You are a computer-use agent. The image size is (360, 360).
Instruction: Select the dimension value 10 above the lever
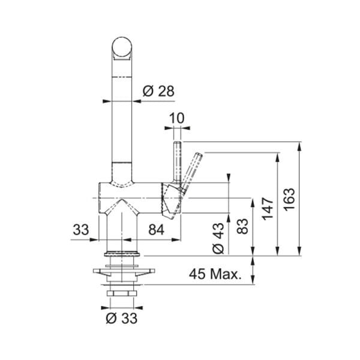pos(176,119)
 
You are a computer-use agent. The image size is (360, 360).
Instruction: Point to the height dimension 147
pos(268,206)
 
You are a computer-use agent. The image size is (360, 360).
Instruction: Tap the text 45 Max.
pos(215,275)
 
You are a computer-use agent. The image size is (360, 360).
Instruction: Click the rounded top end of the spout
pos(122,48)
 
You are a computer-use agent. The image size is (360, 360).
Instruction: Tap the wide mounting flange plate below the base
pos(122,274)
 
